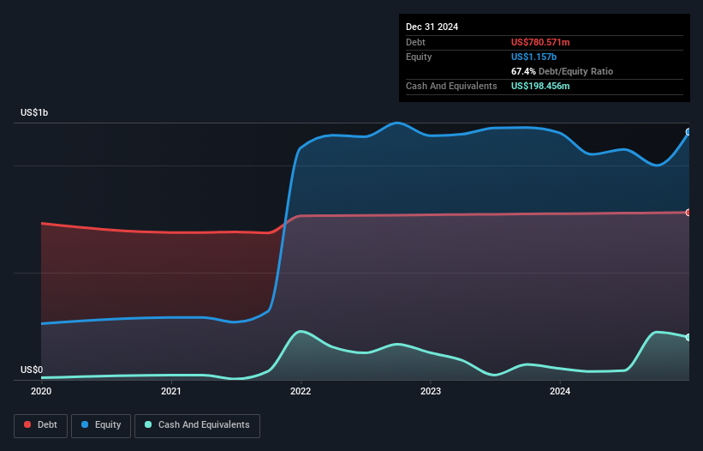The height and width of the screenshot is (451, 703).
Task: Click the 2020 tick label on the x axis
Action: click(x=41, y=391)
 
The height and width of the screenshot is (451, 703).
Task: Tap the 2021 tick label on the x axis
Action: click(x=171, y=391)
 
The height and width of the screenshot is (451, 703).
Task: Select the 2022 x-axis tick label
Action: click(x=301, y=391)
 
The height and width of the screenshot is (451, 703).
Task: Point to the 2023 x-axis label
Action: click(x=431, y=391)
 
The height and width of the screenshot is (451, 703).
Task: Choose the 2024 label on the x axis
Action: click(x=560, y=391)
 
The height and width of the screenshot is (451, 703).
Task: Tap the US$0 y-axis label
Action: click(x=31, y=370)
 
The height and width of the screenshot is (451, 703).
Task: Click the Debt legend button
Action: click(x=41, y=425)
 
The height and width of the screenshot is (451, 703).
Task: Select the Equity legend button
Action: click(x=101, y=425)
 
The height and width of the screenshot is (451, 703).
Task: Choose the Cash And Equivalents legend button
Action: click(x=197, y=425)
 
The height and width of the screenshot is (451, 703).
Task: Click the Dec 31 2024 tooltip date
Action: click(x=432, y=27)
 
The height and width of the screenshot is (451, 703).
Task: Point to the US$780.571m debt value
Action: click(x=540, y=42)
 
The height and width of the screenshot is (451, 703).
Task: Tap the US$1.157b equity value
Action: click(x=534, y=57)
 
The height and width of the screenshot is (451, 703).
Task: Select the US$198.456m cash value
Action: click(x=541, y=86)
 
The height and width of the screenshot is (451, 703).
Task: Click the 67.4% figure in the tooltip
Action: click(x=523, y=71)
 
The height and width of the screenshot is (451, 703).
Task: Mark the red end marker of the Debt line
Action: click(x=688, y=213)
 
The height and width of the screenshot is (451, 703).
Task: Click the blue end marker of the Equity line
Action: click(x=688, y=132)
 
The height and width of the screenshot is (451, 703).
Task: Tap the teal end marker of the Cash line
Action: click(x=688, y=337)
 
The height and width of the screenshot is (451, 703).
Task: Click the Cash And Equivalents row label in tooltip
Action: click(x=451, y=86)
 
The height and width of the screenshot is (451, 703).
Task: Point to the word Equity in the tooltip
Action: click(x=419, y=57)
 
